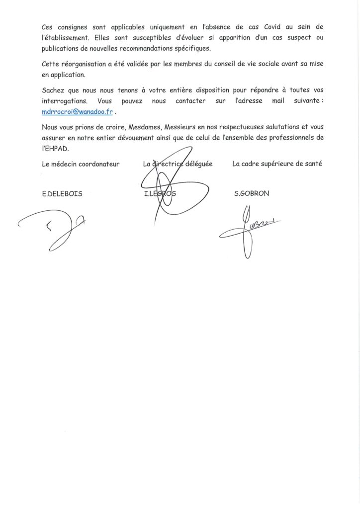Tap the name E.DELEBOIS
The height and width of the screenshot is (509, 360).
tap(63, 194)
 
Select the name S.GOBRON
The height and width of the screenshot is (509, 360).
tap(251, 194)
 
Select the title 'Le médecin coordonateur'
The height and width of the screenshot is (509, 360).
tap(81, 164)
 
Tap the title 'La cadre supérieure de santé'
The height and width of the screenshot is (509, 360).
tap(277, 164)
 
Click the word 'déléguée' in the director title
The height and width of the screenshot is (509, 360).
tap(199, 164)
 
